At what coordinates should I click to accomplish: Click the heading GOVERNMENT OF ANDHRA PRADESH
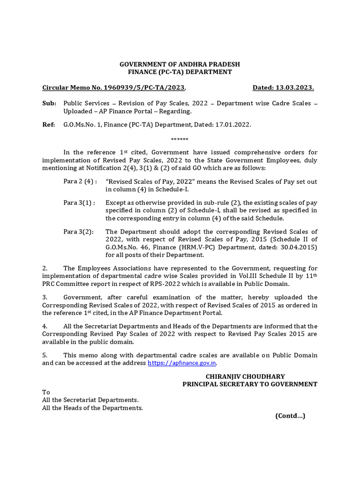(180, 64)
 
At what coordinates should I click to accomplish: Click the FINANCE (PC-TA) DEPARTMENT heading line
(180, 72)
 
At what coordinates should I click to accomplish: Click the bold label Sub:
(49, 103)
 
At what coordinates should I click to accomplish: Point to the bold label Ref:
(49, 125)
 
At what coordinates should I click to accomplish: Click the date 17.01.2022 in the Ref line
(234, 125)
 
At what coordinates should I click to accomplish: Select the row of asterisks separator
(180, 140)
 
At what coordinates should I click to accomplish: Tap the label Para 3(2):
(79, 232)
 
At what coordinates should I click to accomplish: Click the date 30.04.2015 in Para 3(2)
(300, 247)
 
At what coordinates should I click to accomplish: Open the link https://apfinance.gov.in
(182, 363)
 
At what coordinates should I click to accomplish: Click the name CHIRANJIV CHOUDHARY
(245, 376)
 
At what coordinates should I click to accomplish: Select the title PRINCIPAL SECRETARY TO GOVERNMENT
(250, 384)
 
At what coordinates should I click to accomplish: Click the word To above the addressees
(46, 392)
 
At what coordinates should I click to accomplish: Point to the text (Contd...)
(290, 416)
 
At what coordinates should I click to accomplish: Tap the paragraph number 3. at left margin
(45, 297)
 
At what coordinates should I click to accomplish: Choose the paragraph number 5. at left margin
(45, 355)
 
